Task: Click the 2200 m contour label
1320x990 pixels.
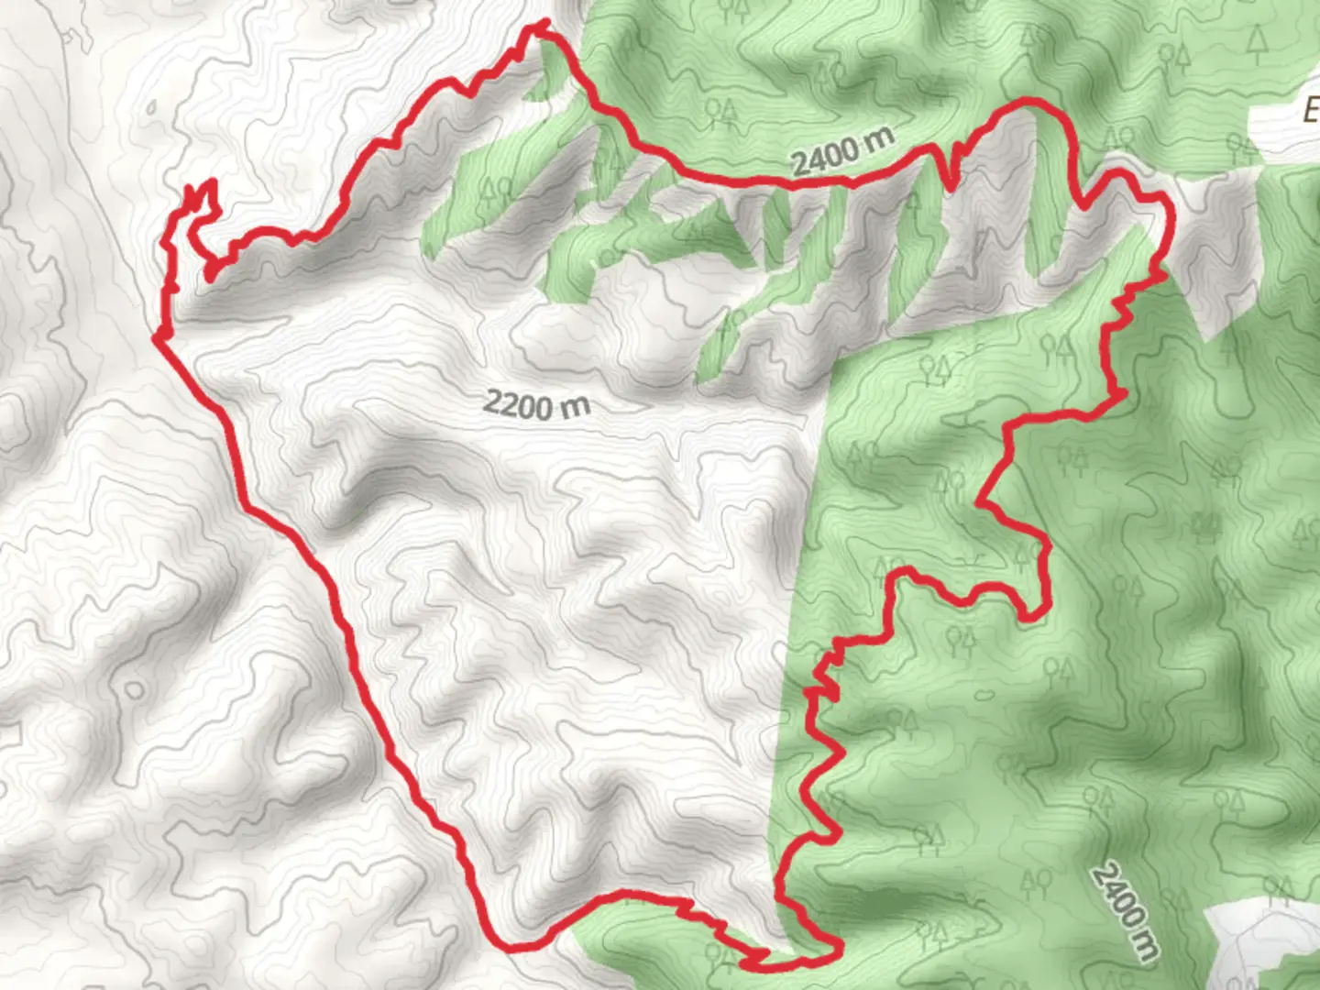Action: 536,403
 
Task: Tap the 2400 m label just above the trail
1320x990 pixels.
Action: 842,151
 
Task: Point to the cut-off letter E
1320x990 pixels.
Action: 1310,111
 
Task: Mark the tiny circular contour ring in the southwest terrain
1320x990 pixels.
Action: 134,688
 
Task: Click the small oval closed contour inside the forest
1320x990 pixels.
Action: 984,694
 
